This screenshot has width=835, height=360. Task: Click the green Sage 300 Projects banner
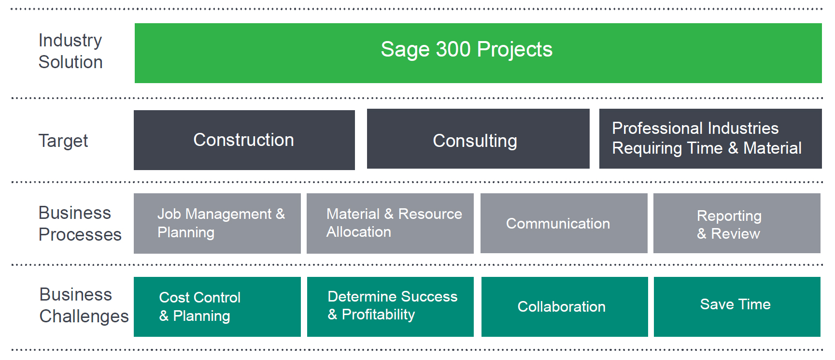click(478, 53)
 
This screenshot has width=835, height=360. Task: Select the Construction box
click(244, 140)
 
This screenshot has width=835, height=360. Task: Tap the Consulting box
click(478, 139)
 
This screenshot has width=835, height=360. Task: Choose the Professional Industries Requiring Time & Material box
click(710, 139)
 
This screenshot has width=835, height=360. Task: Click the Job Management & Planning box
click(217, 223)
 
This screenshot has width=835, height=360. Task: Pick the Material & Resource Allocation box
click(390, 223)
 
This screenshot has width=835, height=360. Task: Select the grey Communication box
click(564, 223)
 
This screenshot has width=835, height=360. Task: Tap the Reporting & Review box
click(737, 223)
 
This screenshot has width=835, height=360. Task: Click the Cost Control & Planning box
click(217, 307)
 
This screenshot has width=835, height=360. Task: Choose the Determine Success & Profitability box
click(390, 307)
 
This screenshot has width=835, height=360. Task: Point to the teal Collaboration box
click(565, 307)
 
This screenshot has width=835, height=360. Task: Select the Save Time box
click(737, 307)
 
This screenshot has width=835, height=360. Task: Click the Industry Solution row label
click(71, 51)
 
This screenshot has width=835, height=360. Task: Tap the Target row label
click(63, 141)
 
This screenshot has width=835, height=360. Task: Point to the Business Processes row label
click(80, 224)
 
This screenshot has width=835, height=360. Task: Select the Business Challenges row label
click(84, 305)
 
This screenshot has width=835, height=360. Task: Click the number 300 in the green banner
click(453, 49)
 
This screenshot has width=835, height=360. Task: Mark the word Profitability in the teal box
click(378, 315)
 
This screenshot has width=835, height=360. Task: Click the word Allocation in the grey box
click(359, 232)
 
